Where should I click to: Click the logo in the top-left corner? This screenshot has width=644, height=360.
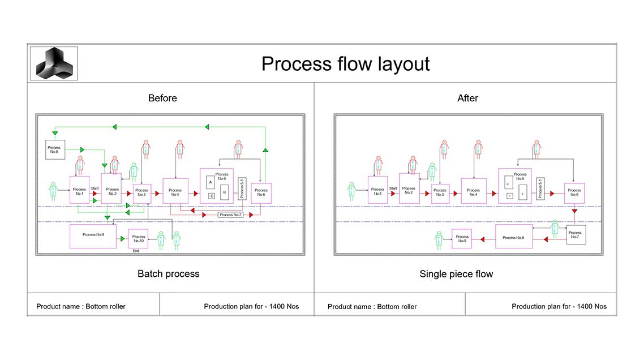pyautogui.click(x=54, y=63)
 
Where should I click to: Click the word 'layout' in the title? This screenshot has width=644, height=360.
pyautogui.click(x=401, y=63)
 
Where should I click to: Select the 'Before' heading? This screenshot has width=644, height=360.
pyautogui.click(x=162, y=98)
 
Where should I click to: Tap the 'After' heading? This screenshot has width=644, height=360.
pyautogui.click(x=467, y=98)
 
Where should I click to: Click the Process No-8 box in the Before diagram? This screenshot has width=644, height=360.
pyautogui.click(x=55, y=149)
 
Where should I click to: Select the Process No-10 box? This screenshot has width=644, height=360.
pyautogui.click(x=138, y=238)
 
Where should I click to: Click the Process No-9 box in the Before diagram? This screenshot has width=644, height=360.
pyautogui.click(x=93, y=236)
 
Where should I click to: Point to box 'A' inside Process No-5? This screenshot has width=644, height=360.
pyautogui.click(x=211, y=183)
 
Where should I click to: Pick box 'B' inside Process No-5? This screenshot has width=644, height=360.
pyautogui.click(x=225, y=192)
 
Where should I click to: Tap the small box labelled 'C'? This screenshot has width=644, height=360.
pyautogui.click(x=211, y=196)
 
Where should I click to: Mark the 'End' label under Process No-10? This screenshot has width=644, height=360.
pyautogui.click(x=136, y=251)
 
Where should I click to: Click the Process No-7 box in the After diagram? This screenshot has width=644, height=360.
pyautogui.click(x=575, y=234)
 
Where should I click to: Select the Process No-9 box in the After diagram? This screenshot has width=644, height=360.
pyautogui.click(x=462, y=238)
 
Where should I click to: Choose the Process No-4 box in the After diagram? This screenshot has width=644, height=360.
pyautogui.click(x=473, y=191)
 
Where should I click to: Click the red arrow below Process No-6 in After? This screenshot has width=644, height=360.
pyautogui.click(x=574, y=211)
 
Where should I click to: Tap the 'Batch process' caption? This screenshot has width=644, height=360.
pyautogui.click(x=168, y=274)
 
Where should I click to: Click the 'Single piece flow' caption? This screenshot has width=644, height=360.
pyautogui.click(x=456, y=274)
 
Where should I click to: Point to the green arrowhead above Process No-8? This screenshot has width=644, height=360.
pyautogui.click(x=55, y=133)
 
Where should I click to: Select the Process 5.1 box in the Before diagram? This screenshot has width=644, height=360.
pyautogui.click(x=242, y=188)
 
